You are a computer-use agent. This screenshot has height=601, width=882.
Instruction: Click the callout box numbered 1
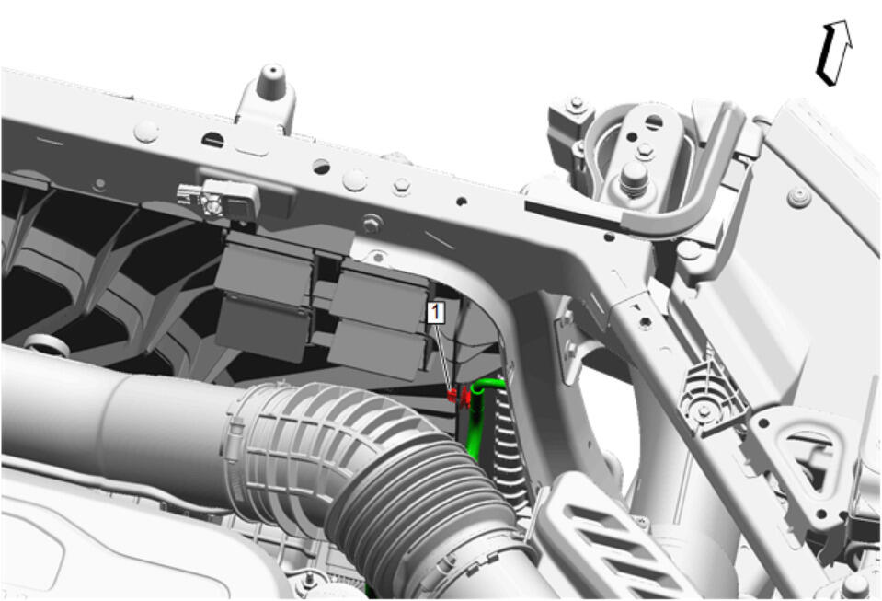436,313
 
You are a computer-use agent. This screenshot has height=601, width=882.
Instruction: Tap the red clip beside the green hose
459,397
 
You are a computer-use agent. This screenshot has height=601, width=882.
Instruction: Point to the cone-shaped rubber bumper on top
271,82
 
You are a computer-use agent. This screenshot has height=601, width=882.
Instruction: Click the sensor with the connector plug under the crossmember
218,199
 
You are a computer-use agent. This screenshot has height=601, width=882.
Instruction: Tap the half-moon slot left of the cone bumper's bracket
212,138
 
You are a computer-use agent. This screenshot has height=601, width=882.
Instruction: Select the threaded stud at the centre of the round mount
634,178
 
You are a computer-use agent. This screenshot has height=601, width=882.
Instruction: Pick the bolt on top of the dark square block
576,105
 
